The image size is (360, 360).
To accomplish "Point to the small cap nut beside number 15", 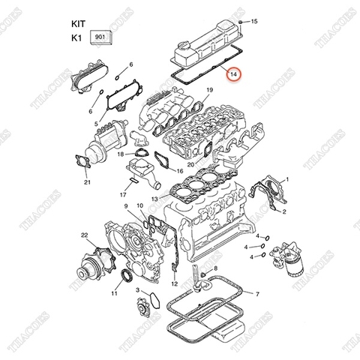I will (238, 22).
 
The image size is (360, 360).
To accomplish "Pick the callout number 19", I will (211, 91).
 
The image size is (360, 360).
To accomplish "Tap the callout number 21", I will (87, 182).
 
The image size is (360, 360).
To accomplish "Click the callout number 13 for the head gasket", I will (153, 198).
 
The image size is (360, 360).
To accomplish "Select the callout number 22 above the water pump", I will (85, 236).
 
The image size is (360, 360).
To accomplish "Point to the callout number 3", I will (137, 289).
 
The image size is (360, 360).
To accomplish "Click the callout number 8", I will (215, 268).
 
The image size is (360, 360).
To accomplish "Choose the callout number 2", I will (284, 213).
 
